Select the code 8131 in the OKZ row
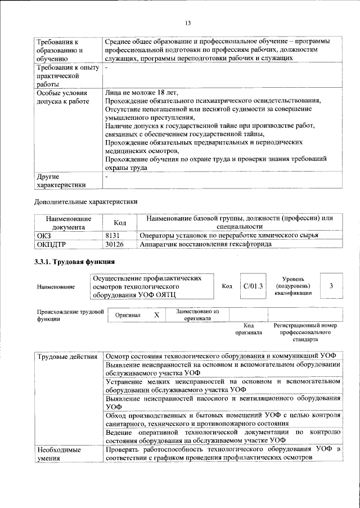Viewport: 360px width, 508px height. click(x=114, y=235)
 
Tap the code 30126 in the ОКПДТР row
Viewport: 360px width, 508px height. click(x=115, y=244)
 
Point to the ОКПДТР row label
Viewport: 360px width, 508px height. click(x=50, y=244)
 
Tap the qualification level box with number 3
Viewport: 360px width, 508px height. click(x=332, y=286)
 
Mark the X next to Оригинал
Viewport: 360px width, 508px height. click(x=156, y=316)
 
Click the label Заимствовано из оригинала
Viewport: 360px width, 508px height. click(x=197, y=314)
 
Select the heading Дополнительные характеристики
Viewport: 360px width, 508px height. click(x=85, y=201)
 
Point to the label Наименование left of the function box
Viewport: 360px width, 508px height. click(x=56, y=287)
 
